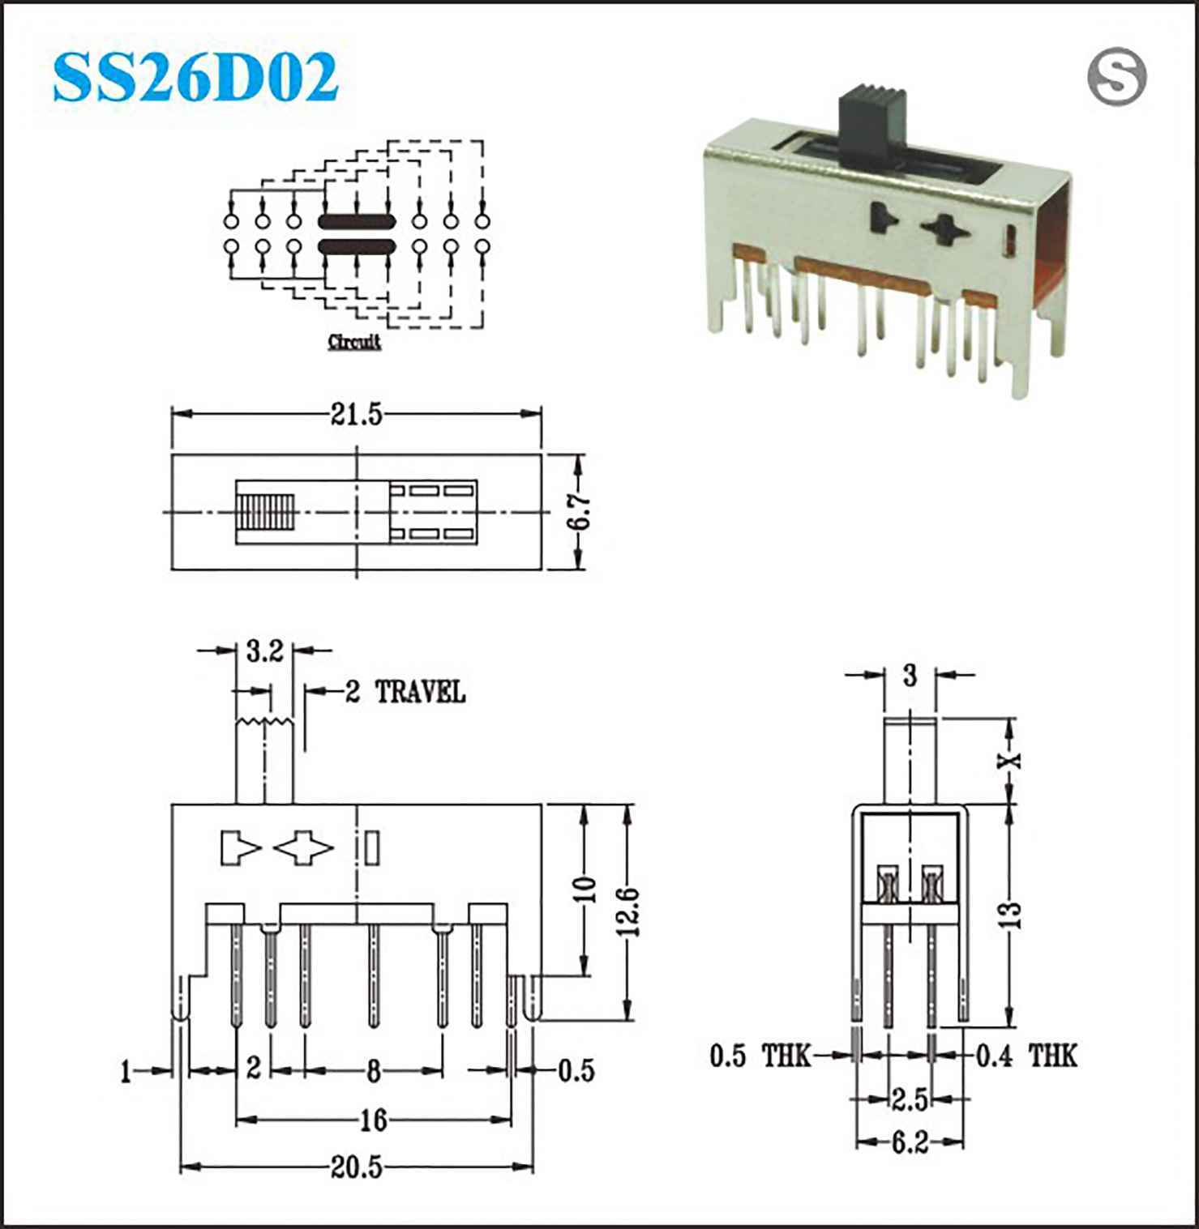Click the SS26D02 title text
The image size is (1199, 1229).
tap(195, 78)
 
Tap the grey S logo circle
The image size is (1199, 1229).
tap(1117, 77)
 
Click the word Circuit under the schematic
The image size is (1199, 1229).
tap(354, 342)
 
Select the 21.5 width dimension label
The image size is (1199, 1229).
tap(356, 415)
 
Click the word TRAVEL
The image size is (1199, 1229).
tap(420, 692)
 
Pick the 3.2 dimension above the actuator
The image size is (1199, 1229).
tap(264, 650)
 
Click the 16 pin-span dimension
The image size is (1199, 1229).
tap(373, 1120)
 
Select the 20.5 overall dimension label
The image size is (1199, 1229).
tap(356, 1167)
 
